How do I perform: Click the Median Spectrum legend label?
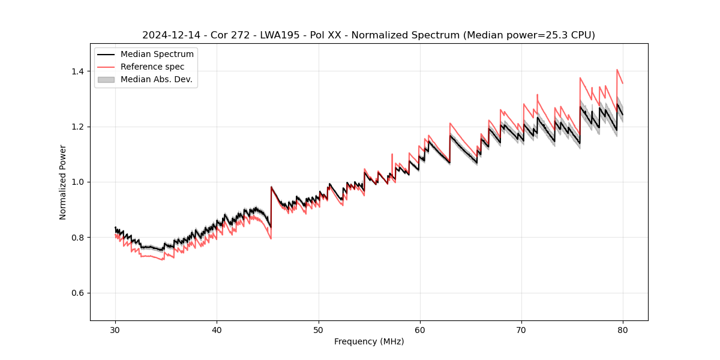click(x=157, y=55)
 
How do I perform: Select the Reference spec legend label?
click(x=152, y=67)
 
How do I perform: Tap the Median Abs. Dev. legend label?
click(x=156, y=79)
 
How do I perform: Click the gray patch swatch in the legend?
click(x=106, y=79)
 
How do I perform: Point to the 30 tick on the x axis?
click(x=115, y=329)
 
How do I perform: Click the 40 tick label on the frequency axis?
click(x=217, y=329)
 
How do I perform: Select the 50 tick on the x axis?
click(x=318, y=329)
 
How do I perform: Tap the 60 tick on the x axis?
click(x=419, y=329)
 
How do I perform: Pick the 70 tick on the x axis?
click(x=521, y=329)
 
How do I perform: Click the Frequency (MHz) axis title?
click(x=369, y=341)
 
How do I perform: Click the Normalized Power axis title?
click(x=63, y=182)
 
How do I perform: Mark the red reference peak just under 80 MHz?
click(x=617, y=70)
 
